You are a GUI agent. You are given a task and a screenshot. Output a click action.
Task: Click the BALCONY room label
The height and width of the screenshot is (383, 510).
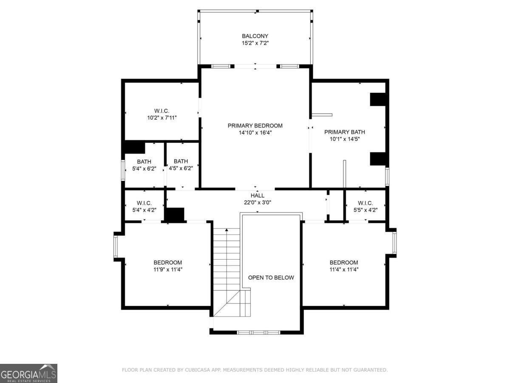point(255,36)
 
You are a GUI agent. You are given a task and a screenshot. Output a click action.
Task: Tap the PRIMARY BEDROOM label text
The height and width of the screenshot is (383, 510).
point(255,126)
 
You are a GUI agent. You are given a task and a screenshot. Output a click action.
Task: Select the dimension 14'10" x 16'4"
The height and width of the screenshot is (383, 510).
point(255,132)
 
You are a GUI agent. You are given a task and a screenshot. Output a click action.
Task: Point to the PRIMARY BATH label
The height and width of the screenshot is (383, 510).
point(344,132)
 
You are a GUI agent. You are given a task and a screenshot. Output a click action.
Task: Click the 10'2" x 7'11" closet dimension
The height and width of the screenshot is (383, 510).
point(162,118)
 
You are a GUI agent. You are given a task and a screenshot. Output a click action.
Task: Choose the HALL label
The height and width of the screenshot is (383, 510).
point(257,195)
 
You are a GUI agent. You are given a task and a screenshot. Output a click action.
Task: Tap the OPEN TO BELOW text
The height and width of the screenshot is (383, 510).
point(271,277)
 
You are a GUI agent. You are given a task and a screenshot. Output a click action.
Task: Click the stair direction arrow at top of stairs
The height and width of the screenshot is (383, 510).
point(227,230)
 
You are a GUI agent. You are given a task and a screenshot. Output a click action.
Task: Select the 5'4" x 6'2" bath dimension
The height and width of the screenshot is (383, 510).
point(144,169)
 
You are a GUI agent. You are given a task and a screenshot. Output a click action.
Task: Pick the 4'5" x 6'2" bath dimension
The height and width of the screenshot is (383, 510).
point(181,168)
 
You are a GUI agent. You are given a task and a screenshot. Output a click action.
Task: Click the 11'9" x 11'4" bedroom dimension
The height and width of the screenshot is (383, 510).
point(168,269)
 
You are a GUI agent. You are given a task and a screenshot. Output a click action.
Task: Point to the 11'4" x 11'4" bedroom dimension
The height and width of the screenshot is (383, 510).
point(344,269)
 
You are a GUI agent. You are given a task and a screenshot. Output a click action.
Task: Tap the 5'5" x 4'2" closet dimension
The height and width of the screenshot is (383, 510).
point(365,210)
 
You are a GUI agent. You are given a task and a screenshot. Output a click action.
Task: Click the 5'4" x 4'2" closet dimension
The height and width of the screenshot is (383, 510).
point(144,210)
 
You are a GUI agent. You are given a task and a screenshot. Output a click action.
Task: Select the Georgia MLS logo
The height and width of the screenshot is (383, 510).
point(28,373)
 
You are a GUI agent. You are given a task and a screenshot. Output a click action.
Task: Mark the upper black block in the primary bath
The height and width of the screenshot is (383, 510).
point(378,99)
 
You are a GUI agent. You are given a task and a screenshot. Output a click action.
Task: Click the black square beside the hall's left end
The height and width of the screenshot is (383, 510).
point(175,214)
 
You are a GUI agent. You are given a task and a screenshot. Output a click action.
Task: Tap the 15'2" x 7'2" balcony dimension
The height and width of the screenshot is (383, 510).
point(255,43)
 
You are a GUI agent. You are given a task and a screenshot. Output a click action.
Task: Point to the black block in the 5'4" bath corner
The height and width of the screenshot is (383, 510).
point(135,148)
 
